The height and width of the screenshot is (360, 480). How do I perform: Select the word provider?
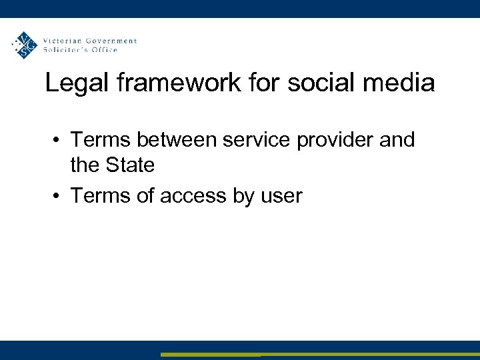click(x=340, y=141)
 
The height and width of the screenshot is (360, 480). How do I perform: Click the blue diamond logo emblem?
click(x=25, y=45)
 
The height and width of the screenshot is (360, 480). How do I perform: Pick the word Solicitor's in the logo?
click(x=67, y=50)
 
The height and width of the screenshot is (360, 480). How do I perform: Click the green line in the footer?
click(x=320, y=355)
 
